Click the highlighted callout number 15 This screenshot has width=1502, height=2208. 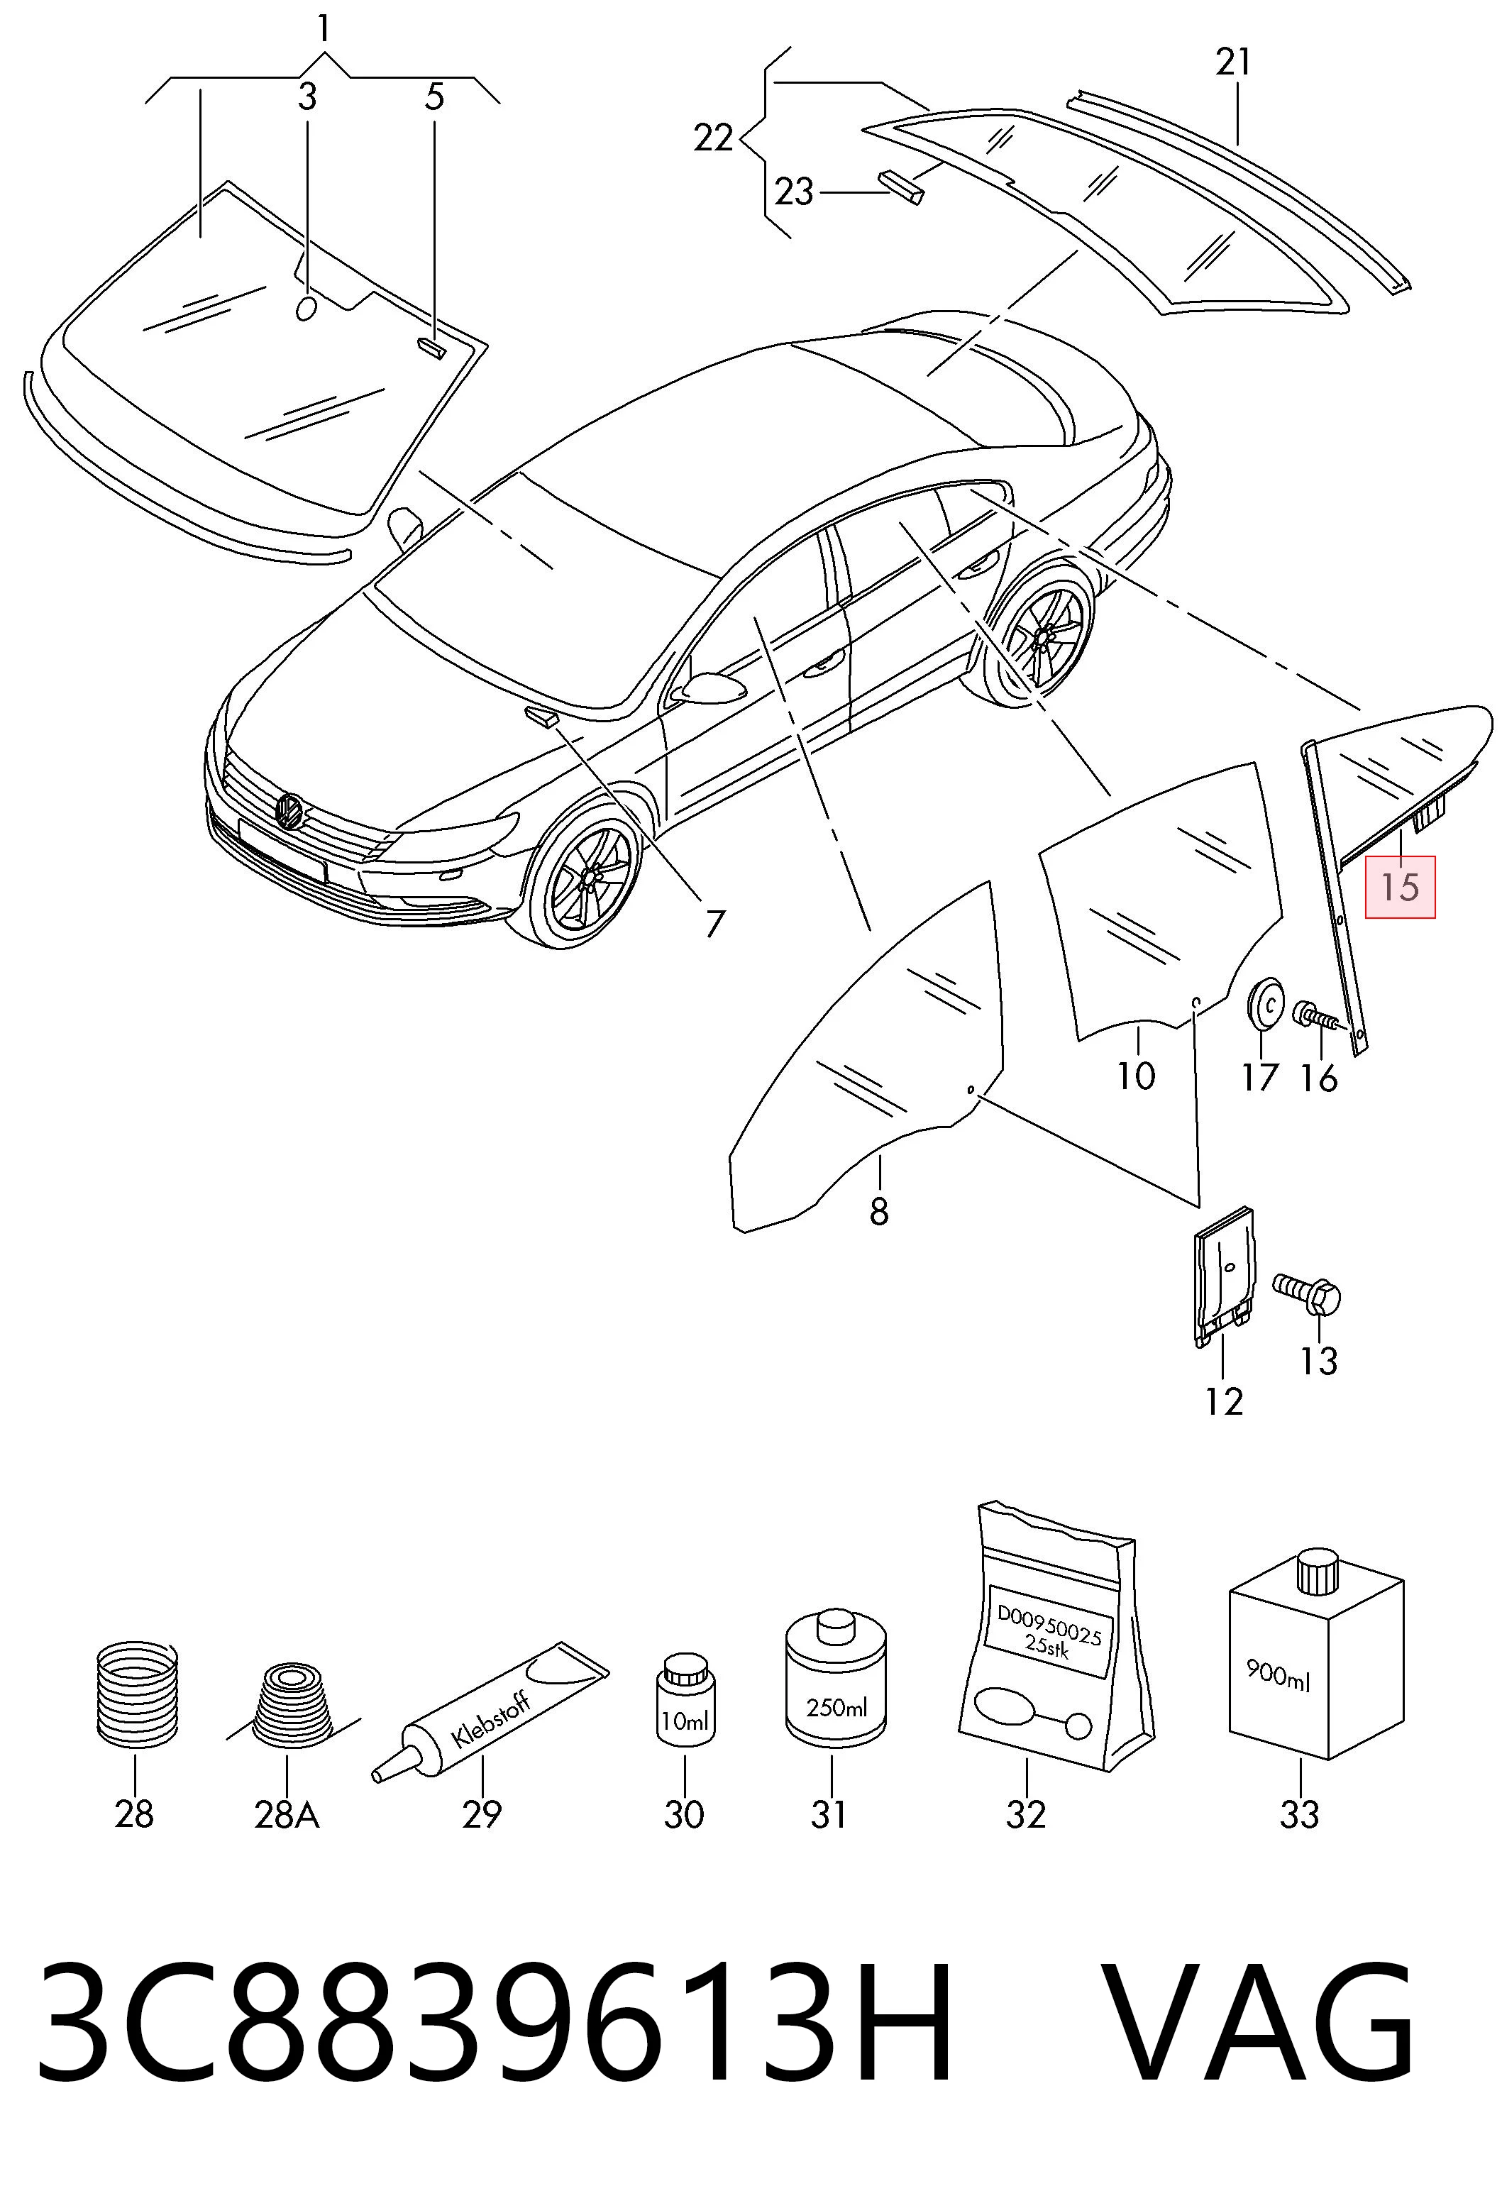(x=1399, y=886)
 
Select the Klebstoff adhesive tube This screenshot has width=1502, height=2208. (x=490, y=1712)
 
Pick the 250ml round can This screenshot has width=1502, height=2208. (x=836, y=1682)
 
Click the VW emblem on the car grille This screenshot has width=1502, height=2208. (x=289, y=810)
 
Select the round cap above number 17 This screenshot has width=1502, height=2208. (x=1264, y=1004)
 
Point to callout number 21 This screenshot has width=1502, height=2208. (x=1233, y=62)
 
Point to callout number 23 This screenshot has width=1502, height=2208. (x=794, y=193)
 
